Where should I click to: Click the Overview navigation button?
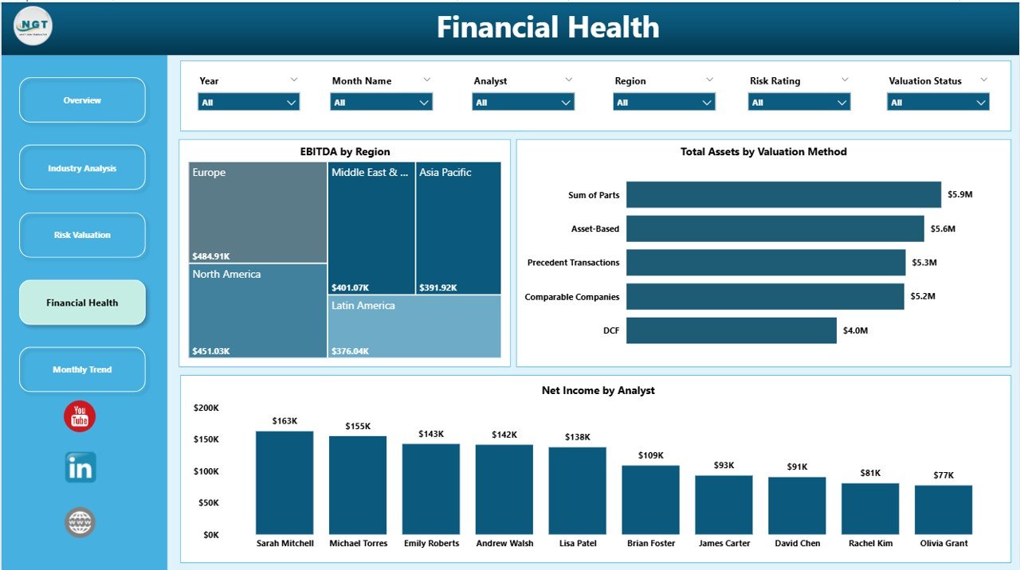82,100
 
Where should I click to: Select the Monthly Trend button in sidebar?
82,369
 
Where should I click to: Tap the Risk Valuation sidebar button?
82,235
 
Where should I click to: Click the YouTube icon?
80,416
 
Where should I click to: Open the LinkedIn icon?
80,467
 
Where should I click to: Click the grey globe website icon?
80,522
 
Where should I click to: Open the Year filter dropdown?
249,102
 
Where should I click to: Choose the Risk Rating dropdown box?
798,102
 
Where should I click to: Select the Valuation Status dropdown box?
938,102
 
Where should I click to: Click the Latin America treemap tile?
414,326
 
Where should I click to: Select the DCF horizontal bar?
731,330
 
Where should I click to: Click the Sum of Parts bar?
783,194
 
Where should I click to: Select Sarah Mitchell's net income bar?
284,482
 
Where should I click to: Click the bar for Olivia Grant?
943,509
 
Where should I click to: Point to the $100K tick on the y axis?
206,471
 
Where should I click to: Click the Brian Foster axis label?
651,543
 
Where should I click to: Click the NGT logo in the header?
33,26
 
